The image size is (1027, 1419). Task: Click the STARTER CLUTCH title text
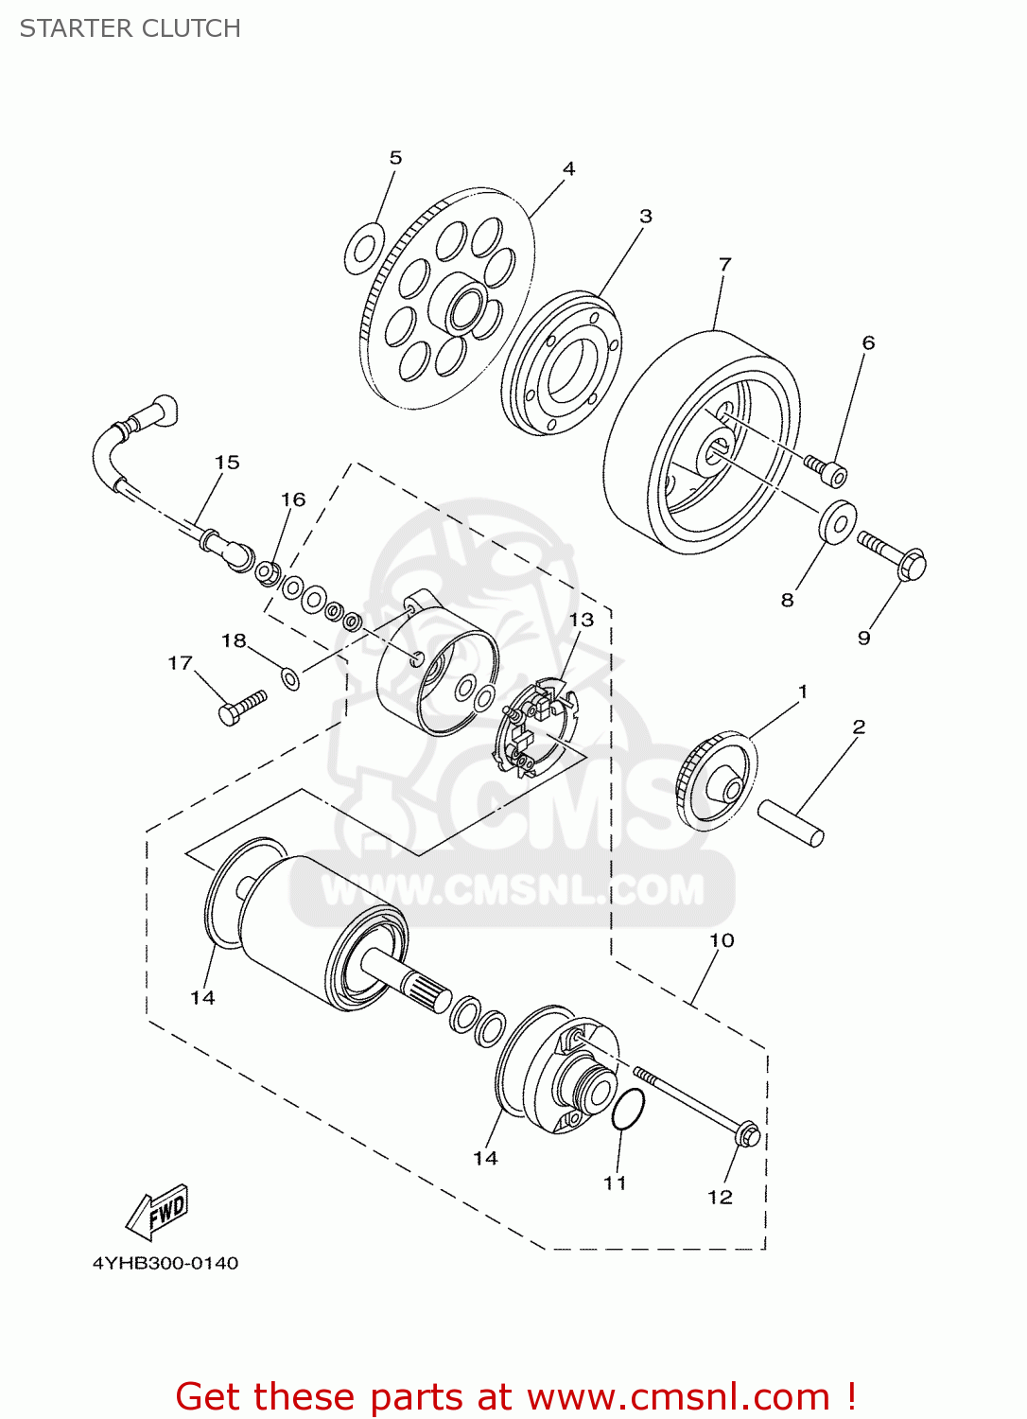[131, 28]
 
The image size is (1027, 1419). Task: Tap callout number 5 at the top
[395, 158]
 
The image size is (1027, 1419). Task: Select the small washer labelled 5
[363, 249]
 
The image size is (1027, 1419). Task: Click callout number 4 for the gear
[568, 168]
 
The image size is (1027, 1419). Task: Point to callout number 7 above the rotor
[724, 264]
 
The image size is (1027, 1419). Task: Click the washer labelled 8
[837, 522]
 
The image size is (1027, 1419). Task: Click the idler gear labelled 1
[717, 781]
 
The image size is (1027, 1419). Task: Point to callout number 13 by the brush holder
[581, 620]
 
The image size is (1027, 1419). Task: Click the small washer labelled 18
[290, 677]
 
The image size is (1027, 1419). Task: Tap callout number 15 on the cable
[227, 463]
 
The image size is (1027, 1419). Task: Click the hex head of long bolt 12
[747, 1133]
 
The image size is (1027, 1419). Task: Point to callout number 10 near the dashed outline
[722, 940]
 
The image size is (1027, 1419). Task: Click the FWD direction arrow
[158, 1213]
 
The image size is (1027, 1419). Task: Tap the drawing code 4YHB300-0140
[165, 1263]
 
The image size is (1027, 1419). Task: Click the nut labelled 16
[267, 572]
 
